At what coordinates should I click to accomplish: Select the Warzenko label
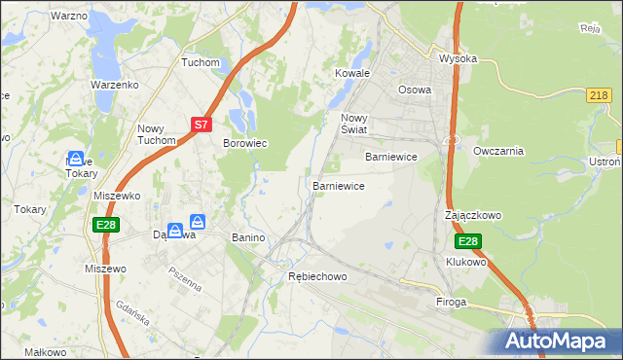(116, 85)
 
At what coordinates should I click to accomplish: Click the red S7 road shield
(201, 125)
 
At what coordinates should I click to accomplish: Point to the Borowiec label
(245, 143)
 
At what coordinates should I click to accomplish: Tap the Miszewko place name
(117, 196)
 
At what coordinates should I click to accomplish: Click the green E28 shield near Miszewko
(107, 225)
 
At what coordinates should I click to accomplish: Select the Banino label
(249, 237)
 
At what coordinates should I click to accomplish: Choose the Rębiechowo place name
(317, 277)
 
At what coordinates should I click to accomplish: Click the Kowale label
(352, 73)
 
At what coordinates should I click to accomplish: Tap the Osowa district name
(415, 90)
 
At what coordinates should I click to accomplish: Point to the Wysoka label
(458, 58)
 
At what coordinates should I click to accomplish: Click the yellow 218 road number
(600, 94)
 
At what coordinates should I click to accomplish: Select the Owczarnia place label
(498, 151)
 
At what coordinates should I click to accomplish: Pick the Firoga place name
(453, 303)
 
